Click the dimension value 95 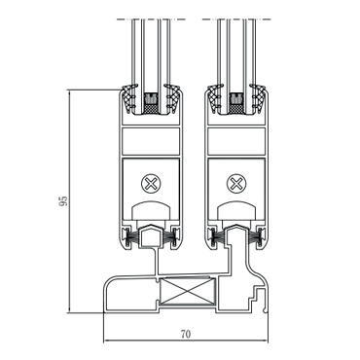pyautogui.click(x=63, y=200)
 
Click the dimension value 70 pyautogui.click(x=186, y=334)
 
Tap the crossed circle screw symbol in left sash pyautogui.click(x=151, y=184)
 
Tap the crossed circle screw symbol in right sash pyautogui.click(x=236, y=184)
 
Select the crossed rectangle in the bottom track pyautogui.click(x=188, y=292)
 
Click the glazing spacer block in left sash pyautogui.click(x=150, y=103)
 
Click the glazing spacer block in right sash pyautogui.click(x=235, y=103)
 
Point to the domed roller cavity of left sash pyautogui.click(x=151, y=210)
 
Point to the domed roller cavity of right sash pyautogui.click(x=236, y=210)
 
